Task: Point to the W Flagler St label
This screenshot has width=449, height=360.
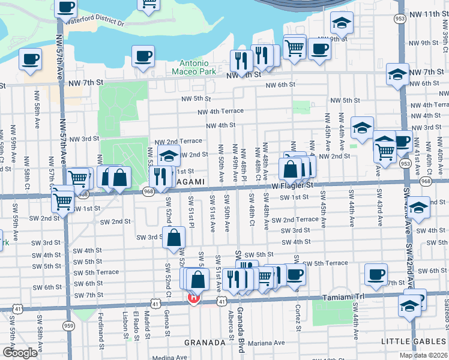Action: click(x=292, y=185)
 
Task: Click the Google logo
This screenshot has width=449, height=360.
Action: click(x=20, y=353)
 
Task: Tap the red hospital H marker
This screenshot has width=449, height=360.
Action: click(x=193, y=298)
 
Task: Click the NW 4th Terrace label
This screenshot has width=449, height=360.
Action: click(x=221, y=111)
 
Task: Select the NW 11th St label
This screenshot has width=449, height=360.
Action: click(x=423, y=13)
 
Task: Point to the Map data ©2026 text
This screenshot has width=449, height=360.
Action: click(x=424, y=355)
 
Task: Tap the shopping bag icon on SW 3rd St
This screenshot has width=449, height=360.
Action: click(x=173, y=237)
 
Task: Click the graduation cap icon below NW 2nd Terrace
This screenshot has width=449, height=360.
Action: click(x=169, y=155)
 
